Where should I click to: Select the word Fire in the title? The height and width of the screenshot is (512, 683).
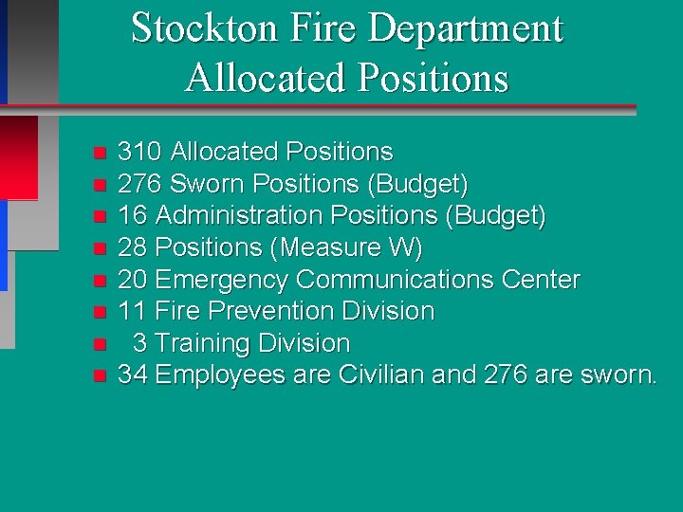click(309, 28)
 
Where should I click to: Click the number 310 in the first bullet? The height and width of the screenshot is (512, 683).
click(139, 152)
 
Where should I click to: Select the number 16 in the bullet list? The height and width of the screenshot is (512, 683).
click(132, 216)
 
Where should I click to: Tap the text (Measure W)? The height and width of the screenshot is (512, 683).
click(347, 248)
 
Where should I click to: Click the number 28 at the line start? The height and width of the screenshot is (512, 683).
click(133, 248)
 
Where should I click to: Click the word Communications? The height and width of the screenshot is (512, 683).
click(397, 280)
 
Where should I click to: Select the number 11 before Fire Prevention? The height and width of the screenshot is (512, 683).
click(132, 311)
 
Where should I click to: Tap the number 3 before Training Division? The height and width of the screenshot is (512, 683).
click(140, 343)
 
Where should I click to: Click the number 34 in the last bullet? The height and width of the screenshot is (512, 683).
click(133, 375)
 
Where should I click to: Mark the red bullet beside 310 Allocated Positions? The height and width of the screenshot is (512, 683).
click(99, 153)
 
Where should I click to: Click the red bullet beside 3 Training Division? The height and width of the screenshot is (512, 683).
click(99, 344)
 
